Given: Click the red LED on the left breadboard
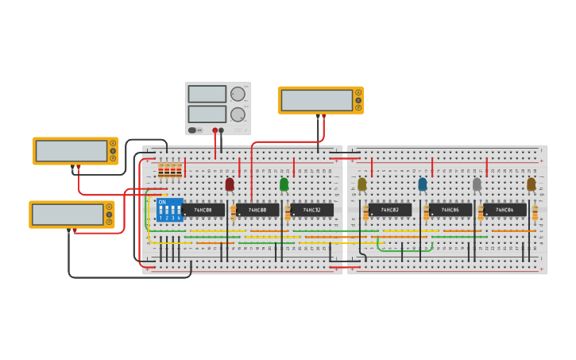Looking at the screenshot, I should pos(230,184).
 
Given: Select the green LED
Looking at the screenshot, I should pos(284,184).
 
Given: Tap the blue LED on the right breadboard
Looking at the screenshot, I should pos(422,184).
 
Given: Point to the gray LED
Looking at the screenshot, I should pos(477,184).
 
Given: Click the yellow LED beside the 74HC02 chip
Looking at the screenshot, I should pos(362,184).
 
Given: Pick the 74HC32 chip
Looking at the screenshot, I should pos(312,210).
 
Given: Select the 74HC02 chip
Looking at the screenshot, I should pos(389,210).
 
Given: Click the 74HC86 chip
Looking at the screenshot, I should pos(450,210).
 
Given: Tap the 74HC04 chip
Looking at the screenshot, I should pos(504,210).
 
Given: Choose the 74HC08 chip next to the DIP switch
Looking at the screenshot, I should pos(203,210).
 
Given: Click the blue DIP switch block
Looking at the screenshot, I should pos(170,210).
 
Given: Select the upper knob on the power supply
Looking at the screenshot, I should pos(238,94).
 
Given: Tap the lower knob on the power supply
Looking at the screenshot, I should pos(238,114).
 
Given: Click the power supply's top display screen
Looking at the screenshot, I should pos(207,94).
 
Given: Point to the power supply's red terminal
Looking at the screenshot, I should pos(215,130).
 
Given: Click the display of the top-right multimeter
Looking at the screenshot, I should pos(317,100).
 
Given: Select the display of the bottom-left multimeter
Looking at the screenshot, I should pos(68,215).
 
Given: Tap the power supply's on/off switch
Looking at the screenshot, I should pos(192,130).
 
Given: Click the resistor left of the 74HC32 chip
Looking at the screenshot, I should pos(288,213).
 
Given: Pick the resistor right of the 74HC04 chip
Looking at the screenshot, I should pos(535,213).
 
